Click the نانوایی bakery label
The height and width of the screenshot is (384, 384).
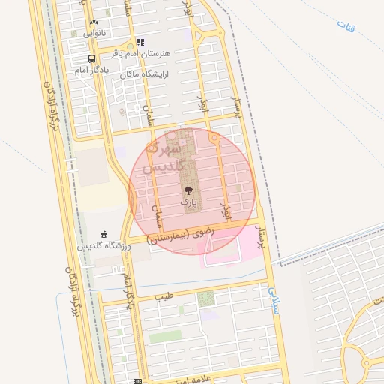94,33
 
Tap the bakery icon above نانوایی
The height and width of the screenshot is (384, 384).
94,22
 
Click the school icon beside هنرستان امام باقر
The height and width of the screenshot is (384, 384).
140,42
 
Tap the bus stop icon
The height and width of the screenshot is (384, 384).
91,58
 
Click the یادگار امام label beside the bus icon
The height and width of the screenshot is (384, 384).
92,70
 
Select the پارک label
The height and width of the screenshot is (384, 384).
187,202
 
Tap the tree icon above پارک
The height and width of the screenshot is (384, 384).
187,191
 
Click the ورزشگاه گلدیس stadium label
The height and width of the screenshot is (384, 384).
104,246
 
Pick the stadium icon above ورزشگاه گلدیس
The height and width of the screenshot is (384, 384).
103,234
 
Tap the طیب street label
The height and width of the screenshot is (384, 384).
163,297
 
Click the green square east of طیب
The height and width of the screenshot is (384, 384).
205,298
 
